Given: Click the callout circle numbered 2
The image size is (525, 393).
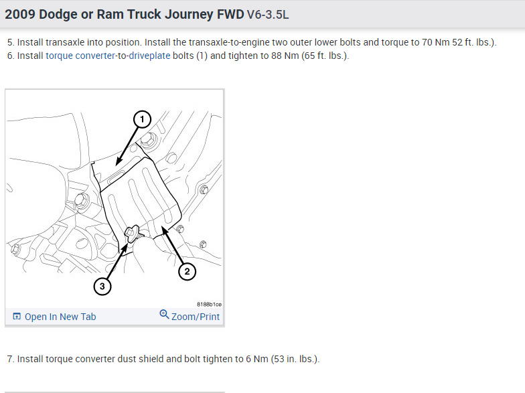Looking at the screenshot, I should [187, 271].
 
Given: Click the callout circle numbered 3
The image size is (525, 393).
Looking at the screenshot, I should [102, 287].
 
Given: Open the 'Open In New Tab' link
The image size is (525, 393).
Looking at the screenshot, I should [60, 317].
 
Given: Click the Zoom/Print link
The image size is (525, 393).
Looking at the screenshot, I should [196, 317].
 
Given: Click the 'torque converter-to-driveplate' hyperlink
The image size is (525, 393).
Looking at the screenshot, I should [107, 56].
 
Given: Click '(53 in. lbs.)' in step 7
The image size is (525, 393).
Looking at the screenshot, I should [295, 359].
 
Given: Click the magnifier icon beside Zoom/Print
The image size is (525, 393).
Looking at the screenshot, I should [164, 315].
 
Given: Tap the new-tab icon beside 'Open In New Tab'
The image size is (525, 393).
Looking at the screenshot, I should [17, 317].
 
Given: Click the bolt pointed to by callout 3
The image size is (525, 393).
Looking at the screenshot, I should [133, 232].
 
